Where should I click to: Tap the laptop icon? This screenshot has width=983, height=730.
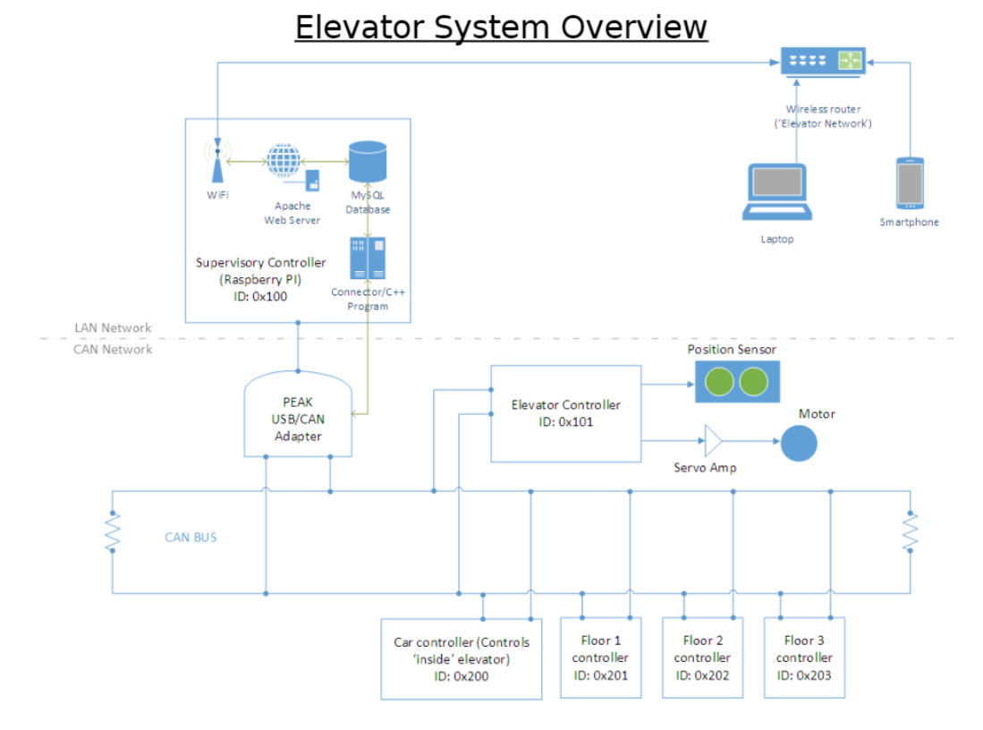click(x=776, y=192)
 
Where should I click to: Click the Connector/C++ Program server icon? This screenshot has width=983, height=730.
click(x=369, y=258)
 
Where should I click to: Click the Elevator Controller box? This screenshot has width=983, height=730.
click(x=565, y=413)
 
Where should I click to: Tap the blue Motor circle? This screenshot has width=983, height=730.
click(x=799, y=442)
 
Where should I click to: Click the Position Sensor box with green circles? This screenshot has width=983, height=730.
click(x=738, y=381)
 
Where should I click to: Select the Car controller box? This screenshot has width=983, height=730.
click(x=461, y=658)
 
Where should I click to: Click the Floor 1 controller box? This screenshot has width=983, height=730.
click(x=600, y=658)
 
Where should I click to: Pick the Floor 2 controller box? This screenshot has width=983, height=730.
click(x=702, y=658)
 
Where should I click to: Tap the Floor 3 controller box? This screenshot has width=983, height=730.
click(x=804, y=658)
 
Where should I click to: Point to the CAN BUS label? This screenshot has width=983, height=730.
click(x=191, y=538)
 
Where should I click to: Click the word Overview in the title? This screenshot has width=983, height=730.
click(x=634, y=27)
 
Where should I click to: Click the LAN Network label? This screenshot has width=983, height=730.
click(x=113, y=328)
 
